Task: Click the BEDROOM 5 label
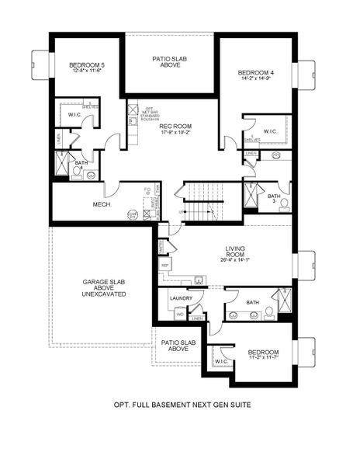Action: click(x=86, y=64)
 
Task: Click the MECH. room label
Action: click(x=102, y=204)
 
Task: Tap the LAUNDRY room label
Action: click(x=181, y=297)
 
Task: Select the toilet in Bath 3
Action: click(x=284, y=204)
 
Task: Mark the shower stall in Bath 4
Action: click(x=63, y=163)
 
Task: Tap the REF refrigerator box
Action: click(x=165, y=265)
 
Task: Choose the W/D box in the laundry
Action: click(x=179, y=315)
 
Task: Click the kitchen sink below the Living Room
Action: click(x=200, y=279)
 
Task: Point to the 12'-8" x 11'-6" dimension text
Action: click(x=86, y=71)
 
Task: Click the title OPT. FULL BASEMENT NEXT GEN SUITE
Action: click(x=182, y=405)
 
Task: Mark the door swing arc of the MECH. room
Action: click(x=112, y=189)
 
